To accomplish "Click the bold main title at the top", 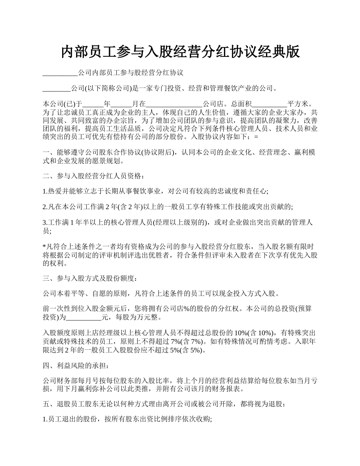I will click(180, 52).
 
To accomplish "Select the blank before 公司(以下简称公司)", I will click(56, 89).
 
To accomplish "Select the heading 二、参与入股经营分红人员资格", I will click(93, 176).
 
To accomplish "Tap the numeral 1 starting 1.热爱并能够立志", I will click(44, 191).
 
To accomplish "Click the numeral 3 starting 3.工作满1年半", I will click(44, 223).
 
